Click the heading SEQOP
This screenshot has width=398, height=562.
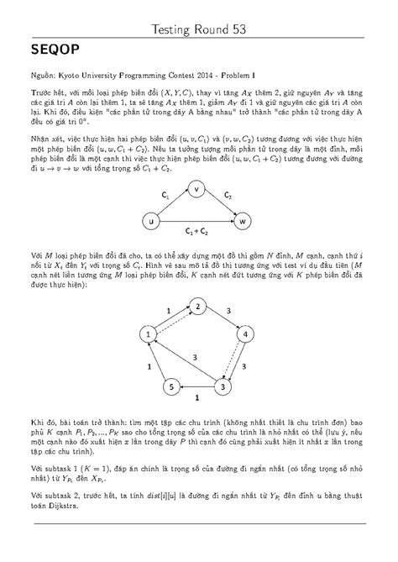pos(57,51)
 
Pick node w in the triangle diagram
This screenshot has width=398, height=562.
pos(244,222)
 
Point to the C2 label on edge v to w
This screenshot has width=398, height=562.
pos(228,194)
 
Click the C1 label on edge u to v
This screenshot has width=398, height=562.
pos(166,194)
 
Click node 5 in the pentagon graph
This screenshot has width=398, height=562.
pos(171,386)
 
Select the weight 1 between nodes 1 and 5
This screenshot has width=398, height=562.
pos(150,367)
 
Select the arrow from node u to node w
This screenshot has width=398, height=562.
pos(199,222)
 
